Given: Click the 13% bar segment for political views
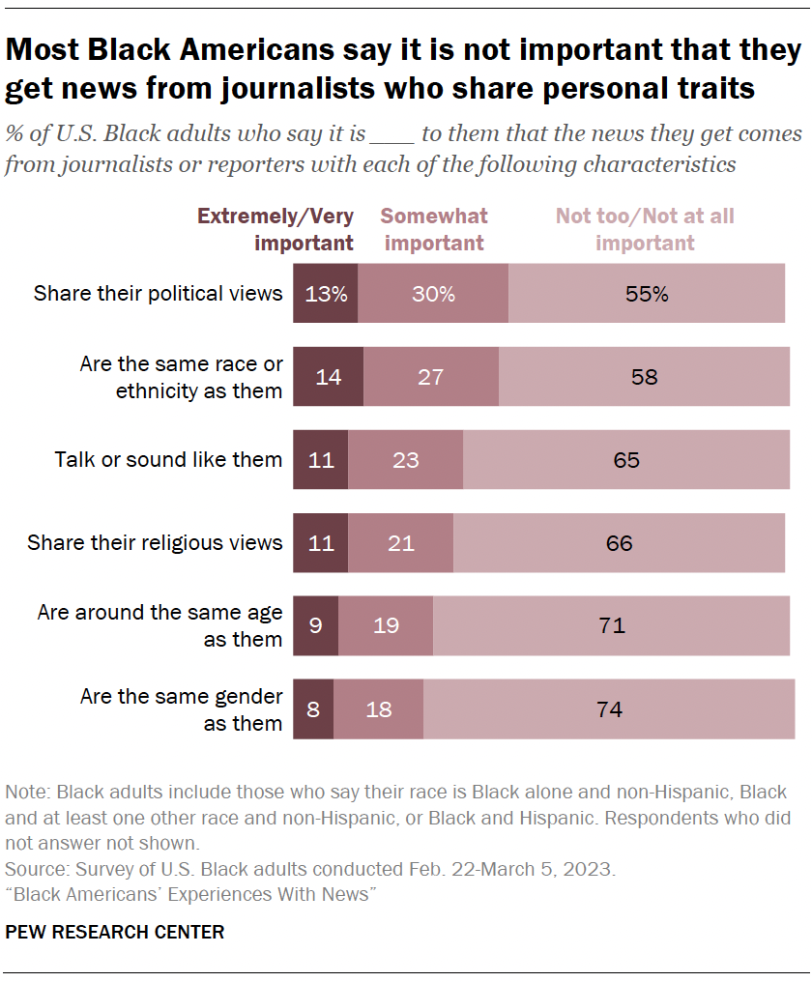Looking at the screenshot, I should tap(325, 294).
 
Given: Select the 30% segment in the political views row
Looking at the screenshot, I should tap(432, 294).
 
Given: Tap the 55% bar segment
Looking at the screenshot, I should tap(646, 294).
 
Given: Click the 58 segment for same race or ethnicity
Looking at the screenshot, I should tap(644, 377).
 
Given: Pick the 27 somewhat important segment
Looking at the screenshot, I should tap(431, 377).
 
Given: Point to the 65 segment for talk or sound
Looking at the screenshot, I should tap(626, 460).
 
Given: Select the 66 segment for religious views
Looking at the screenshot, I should tap(619, 543).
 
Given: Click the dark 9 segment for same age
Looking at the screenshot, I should tap(315, 626).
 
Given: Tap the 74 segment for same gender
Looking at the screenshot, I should tap(608, 709).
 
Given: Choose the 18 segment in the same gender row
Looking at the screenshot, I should tap(378, 709).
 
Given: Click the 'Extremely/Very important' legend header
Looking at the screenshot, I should tap(275, 229).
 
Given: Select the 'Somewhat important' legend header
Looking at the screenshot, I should tap(434, 229).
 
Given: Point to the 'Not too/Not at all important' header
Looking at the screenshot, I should tap(645, 229).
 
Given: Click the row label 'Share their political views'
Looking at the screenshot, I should tap(158, 294).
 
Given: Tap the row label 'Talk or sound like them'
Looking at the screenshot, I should tap(168, 460).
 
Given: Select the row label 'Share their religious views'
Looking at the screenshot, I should tap(155, 543).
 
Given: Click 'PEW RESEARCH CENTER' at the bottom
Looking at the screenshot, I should tap(115, 933).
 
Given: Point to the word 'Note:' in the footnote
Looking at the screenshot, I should tap(26, 793).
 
